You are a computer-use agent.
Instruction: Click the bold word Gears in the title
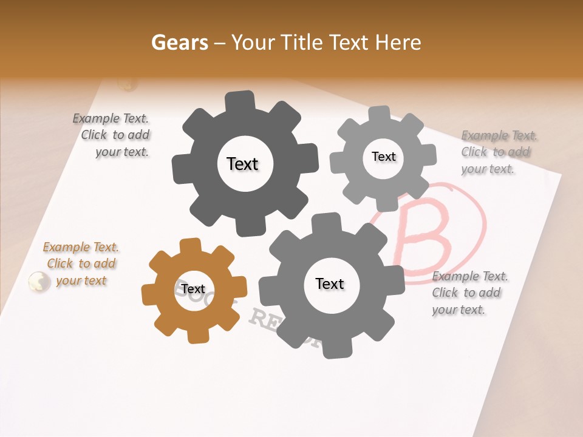click(178, 42)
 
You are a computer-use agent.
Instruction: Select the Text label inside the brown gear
click(193, 289)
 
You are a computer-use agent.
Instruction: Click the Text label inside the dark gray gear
click(242, 164)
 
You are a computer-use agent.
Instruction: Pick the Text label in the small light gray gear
click(383, 157)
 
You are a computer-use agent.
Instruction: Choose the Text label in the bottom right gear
click(330, 283)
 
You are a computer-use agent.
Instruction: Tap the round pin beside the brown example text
click(39, 281)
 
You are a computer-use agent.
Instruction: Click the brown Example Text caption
click(81, 264)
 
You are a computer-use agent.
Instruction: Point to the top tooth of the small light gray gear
click(380, 113)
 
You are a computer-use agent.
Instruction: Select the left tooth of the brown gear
click(149, 296)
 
